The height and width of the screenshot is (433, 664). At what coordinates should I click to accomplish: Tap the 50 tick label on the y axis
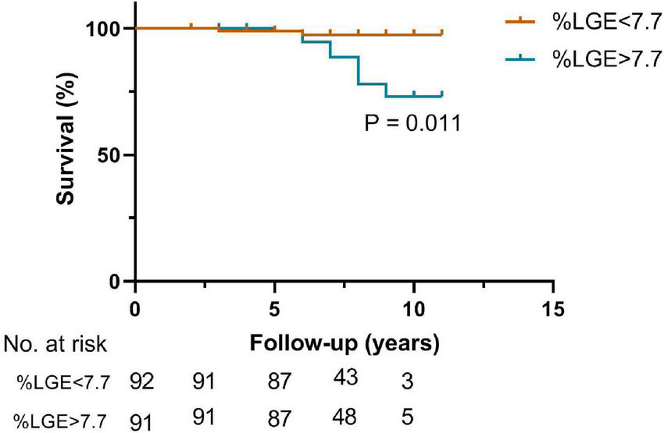(112, 154)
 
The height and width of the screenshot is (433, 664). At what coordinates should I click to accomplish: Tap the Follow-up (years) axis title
(344, 342)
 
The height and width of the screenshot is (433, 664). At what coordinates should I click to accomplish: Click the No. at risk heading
(55, 343)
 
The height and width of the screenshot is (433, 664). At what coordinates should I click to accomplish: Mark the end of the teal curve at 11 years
(441, 95)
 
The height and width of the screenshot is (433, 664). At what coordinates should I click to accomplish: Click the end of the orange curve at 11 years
(441, 34)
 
